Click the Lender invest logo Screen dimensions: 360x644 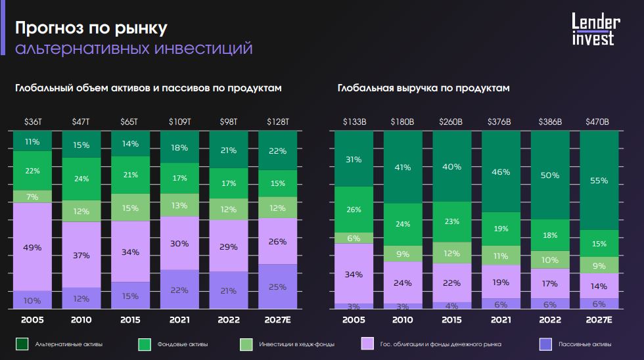coord(592,30)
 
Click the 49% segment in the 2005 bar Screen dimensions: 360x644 coord(32,247)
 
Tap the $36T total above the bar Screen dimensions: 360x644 coord(32,122)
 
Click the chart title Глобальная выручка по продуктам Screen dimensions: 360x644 coord(424,87)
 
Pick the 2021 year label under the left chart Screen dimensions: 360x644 coord(180,320)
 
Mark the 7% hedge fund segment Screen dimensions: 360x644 coord(32,197)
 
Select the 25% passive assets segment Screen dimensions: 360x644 coord(277,286)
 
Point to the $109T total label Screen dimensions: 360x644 coord(180,122)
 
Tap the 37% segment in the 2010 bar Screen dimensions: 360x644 coord(81,255)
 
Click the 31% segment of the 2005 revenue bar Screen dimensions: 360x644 coord(354,159)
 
